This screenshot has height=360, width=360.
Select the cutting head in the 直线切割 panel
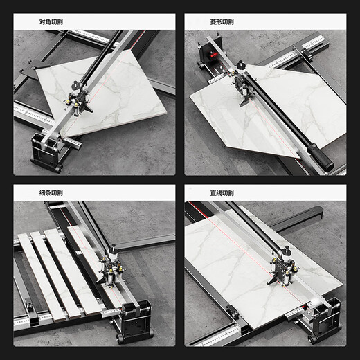283,266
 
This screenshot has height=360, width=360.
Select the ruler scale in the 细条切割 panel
62,319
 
